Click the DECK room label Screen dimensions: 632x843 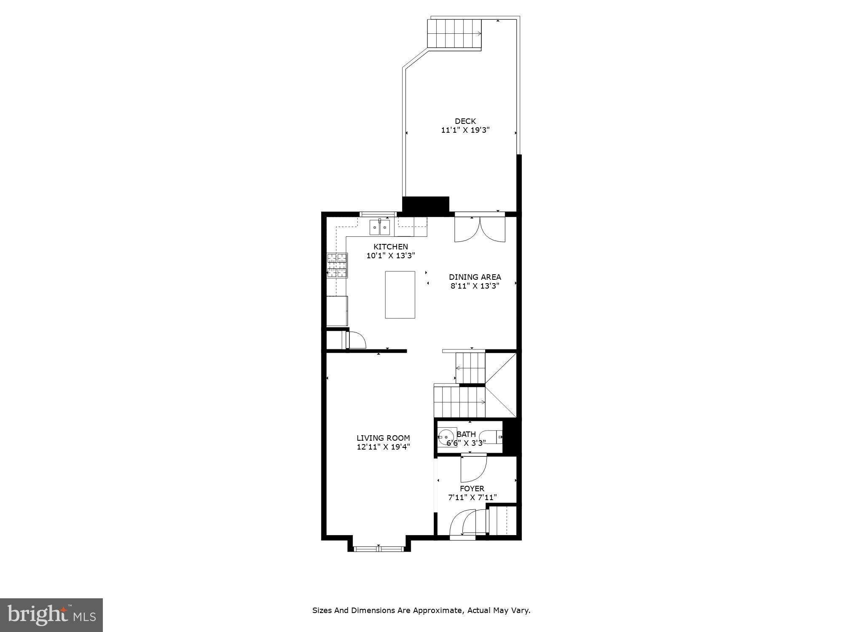465,121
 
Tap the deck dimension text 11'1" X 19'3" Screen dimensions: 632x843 465,130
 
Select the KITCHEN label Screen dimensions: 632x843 390,246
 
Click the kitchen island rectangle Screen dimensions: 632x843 400,295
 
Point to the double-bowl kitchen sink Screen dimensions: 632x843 379,228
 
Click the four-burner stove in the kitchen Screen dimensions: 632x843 337,265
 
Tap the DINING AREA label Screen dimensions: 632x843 475,277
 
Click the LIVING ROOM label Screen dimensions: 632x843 383,438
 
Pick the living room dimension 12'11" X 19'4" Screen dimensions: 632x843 383,447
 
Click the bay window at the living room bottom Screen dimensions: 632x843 378,549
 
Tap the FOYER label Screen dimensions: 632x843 472,488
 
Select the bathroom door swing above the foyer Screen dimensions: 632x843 473,469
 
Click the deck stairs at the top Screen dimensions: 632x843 454,33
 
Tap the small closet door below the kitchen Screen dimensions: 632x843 355,340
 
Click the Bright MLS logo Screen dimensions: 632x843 51,615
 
